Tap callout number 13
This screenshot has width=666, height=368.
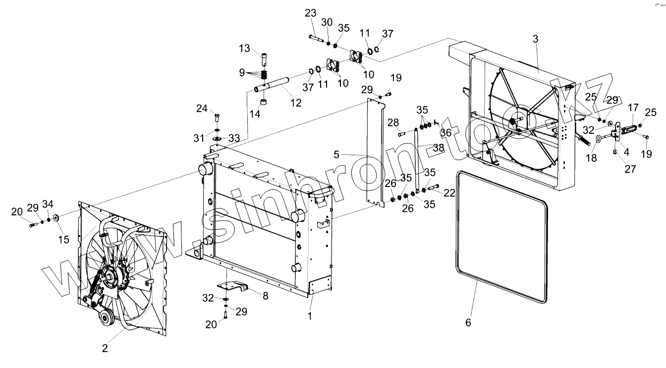[245, 48]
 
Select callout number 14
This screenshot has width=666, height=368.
[255, 114]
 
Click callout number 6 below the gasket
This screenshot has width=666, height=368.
[468, 322]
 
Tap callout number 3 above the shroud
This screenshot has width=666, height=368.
[535, 39]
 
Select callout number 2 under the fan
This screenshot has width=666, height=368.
[105, 348]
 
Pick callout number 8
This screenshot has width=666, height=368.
[266, 296]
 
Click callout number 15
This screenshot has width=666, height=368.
[63, 240]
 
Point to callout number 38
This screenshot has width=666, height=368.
[438, 147]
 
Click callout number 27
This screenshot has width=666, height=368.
[629, 169]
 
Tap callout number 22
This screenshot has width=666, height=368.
[449, 193]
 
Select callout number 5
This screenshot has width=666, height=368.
[336, 155]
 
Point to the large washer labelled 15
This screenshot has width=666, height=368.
[55, 217]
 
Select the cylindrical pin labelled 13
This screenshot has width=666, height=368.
[264, 59]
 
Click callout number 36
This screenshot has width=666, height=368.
[445, 132]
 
